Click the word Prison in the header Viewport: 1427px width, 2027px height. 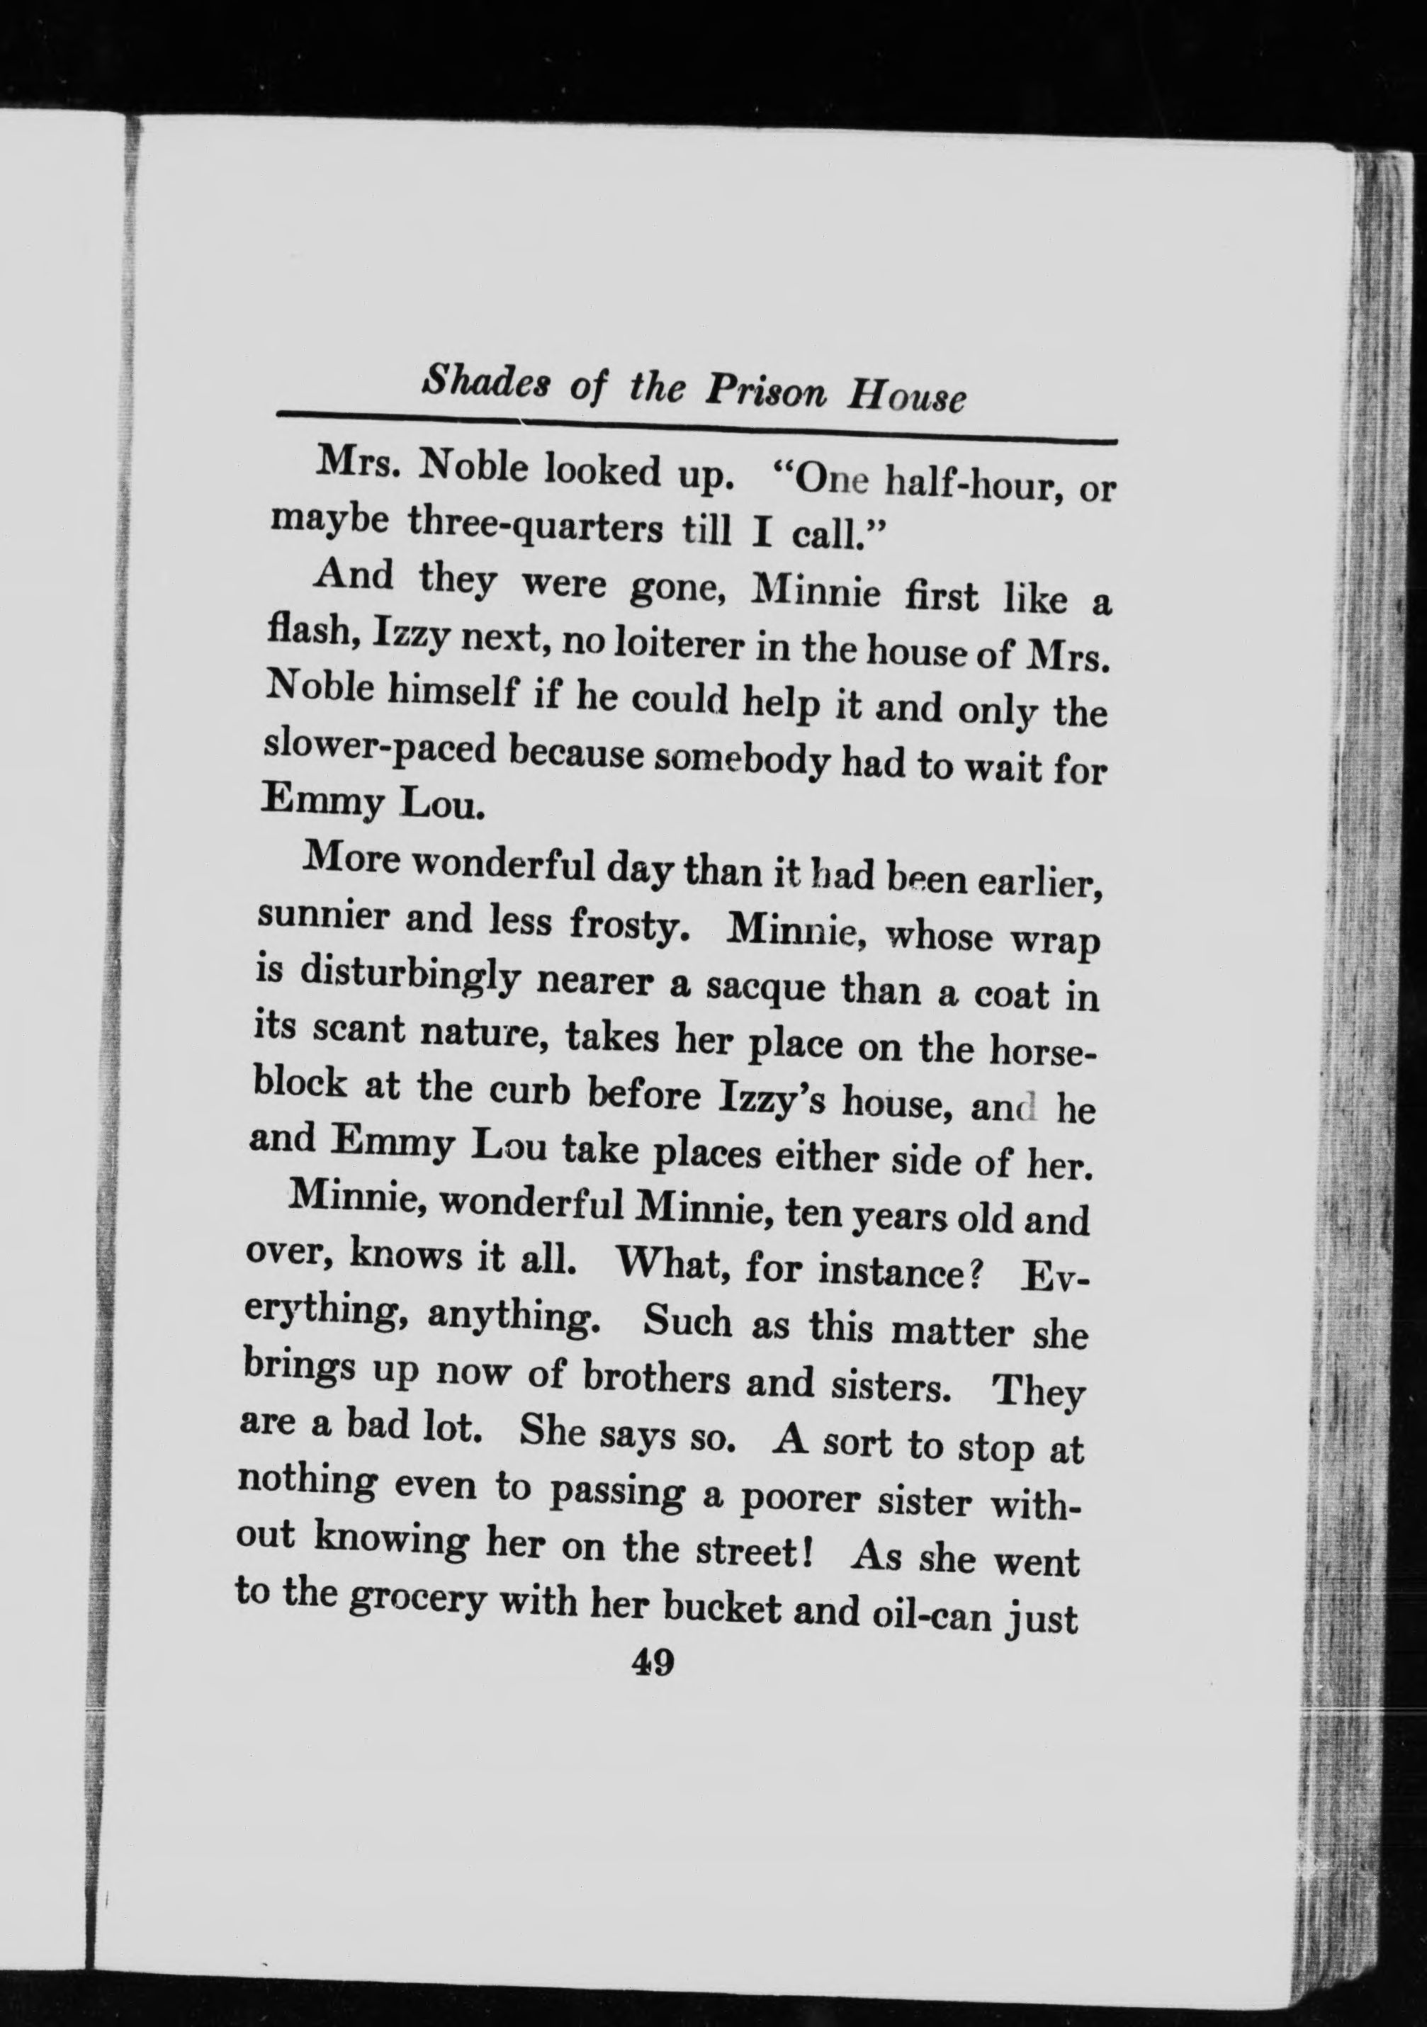[x=765, y=390]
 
